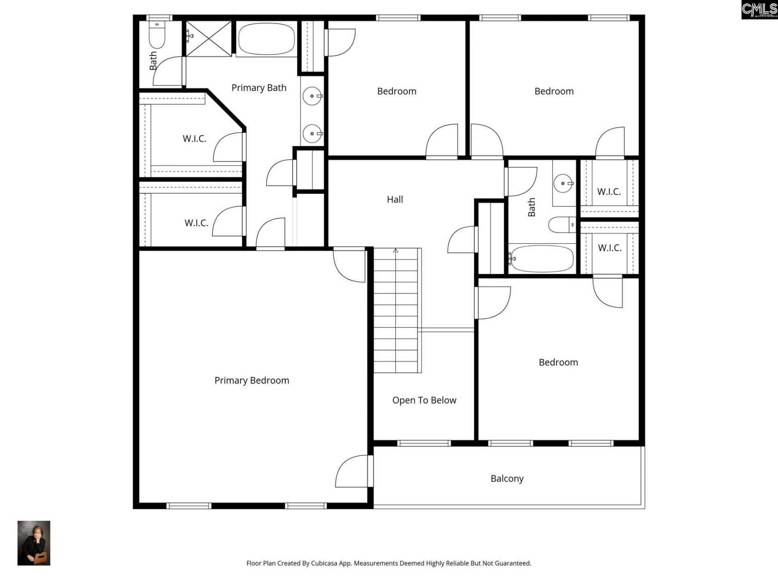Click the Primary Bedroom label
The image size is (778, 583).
click(252, 380)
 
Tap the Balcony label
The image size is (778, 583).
click(507, 479)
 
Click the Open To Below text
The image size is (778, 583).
click(424, 400)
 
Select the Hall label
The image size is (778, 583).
click(395, 199)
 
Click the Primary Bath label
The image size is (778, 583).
click(259, 87)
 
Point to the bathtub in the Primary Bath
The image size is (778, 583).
click(266, 39)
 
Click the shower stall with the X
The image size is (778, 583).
click(209, 38)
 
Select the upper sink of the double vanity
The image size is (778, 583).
click(312, 96)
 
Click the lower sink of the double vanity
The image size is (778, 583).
click(312, 134)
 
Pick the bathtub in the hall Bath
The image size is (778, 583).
click(542, 258)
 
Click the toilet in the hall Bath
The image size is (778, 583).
click(562, 225)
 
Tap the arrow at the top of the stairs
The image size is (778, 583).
click(395, 251)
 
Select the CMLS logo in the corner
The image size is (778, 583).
click(759, 10)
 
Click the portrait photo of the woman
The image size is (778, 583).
click(34, 543)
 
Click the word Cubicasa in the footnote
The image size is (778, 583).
click(324, 563)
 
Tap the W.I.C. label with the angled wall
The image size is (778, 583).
click(194, 138)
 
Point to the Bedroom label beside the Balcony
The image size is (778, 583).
click(558, 362)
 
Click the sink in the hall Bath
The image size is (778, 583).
click(563, 183)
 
